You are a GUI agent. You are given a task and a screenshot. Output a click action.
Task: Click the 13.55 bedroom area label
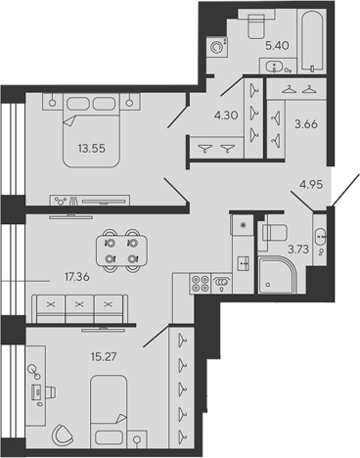[x=91, y=149]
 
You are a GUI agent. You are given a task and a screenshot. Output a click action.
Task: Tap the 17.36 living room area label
[x=77, y=277]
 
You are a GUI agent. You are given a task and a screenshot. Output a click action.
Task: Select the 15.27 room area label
[x=104, y=356]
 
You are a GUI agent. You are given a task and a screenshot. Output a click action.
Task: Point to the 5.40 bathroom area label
[x=277, y=45]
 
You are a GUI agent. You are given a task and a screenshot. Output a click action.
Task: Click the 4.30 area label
[x=226, y=115]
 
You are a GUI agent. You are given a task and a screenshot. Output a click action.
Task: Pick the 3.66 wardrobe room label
[x=306, y=124]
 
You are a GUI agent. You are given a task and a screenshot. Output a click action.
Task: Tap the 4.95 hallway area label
[x=311, y=184]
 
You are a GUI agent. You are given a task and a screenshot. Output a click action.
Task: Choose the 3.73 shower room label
[x=297, y=250]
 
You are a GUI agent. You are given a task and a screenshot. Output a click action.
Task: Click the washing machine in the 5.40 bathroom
[x=216, y=47]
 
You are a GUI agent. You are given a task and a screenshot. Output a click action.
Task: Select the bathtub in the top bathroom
[x=312, y=40]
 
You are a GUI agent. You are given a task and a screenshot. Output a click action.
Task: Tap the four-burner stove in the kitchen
[x=200, y=284]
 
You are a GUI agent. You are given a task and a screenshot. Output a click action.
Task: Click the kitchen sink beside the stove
[x=222, y=284]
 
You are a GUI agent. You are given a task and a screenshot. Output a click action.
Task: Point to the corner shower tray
[x=277, y=275]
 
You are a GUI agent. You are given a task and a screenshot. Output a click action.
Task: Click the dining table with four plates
[x=121, y=251]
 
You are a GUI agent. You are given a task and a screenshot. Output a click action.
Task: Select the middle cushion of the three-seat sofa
[x=79, y=309]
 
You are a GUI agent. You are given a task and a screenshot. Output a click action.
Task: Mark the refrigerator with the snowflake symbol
[x=243, y=224]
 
